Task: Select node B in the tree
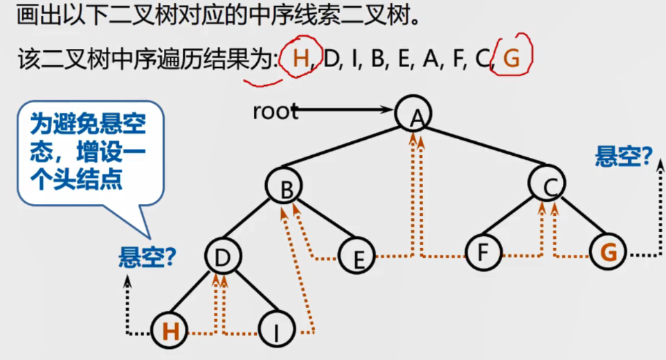pos(284,186)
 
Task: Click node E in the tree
pos(357,258)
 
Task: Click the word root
pos(275,111)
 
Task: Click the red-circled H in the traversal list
pos(300,58)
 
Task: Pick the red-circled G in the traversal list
pos(512,58)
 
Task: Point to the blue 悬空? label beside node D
pos(147,258)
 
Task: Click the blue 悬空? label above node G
pos(623,157)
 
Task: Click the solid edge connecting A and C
pos(482,148)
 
